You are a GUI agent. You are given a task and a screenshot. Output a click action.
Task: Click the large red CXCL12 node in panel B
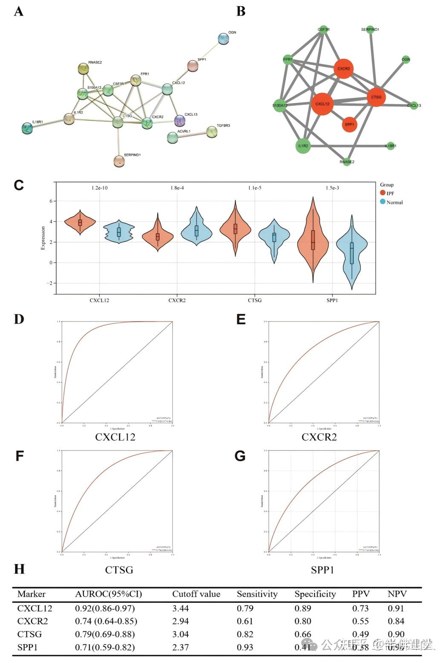[x=322, y=104]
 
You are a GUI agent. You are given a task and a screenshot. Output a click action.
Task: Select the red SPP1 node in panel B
[x=349, y=124]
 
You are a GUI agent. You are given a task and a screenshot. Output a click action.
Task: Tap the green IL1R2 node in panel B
[x=303, y=146]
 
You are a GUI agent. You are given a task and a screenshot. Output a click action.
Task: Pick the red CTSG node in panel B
[x=376, y=97]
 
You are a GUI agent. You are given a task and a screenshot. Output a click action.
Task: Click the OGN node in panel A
[x=223, y=39]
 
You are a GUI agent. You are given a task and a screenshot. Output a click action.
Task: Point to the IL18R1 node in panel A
[x=27, y=128]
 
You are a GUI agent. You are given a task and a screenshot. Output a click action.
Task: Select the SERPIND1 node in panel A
[x=119, y=161]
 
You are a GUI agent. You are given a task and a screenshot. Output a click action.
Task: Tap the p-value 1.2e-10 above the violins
[x=99, y=188]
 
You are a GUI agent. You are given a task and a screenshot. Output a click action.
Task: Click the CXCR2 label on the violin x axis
[x=177, y=300]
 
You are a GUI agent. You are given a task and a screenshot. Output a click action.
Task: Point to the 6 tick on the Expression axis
[x=51, y=201]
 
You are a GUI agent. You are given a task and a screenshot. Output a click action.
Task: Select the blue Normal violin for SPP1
[x=352, y=252]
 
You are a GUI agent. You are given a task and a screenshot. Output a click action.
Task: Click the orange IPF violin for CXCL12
[x=80, y=222]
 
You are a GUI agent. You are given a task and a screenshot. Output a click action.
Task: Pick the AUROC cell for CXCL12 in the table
[x=105, y=608]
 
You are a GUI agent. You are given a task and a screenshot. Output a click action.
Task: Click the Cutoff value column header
[x=196, y=594]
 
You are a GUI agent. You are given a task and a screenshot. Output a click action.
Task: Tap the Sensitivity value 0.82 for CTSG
[x=245, y=634]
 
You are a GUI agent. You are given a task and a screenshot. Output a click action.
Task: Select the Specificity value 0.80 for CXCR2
[x=303, y=621]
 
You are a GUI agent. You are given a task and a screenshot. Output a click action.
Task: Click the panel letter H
[x=19, y=569]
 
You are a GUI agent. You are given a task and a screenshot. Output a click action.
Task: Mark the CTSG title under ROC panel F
[x=119, y=570]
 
